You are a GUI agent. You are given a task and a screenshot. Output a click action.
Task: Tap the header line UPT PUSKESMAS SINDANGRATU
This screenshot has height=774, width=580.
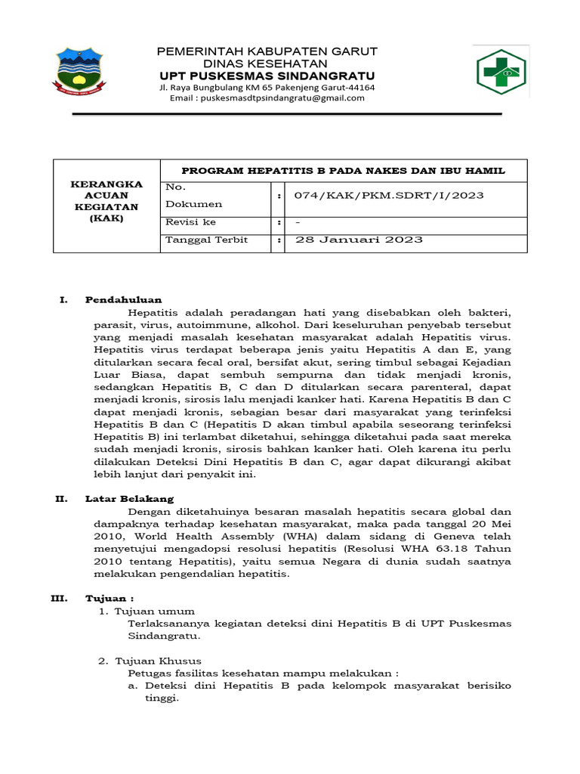[267, 76]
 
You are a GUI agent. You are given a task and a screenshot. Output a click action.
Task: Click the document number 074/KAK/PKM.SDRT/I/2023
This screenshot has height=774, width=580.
[389, 196]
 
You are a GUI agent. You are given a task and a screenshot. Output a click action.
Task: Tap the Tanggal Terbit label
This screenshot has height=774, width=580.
[206, 240]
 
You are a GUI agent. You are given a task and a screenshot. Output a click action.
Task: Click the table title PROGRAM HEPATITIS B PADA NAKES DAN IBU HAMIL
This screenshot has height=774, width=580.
[344, 171]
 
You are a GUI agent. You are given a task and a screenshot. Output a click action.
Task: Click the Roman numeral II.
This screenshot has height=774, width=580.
[63, 499]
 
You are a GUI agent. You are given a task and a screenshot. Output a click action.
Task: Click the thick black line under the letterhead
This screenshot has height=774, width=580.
[286, 114]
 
